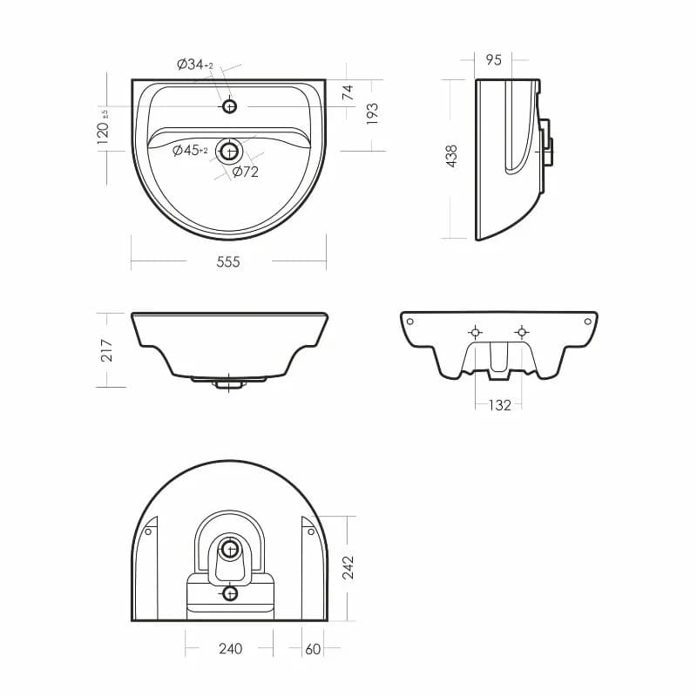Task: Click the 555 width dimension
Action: pyautogui.click(x=228, y=262)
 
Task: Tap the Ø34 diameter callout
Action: pyautogui.click(x=195, y=64)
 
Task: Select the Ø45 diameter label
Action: pyautogui.click(x=190, y=150)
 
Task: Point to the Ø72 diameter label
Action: pyautogui.click(x=246, y=171)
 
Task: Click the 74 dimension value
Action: pyautogui.click(x=348, y=92)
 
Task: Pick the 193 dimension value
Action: pyautogui.click(x=372, y=113)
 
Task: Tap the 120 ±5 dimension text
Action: pyautogui.click(x=103, y=126)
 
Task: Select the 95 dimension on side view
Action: pyautogui.click(x=493, y=59)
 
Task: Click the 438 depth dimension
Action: pyautogui.click(x=450, y=156)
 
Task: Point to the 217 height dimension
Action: pyautogui.click(x=106, y=350)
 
